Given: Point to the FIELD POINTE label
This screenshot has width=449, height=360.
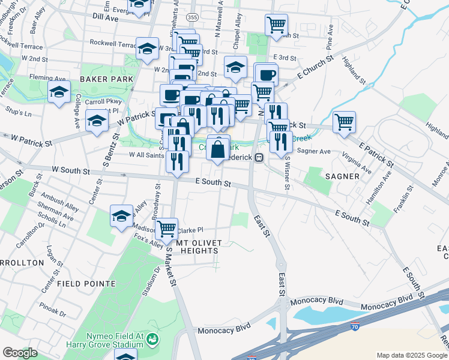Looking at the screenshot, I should click(86, 283).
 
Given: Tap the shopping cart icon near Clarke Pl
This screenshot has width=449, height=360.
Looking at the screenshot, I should click(166, 228).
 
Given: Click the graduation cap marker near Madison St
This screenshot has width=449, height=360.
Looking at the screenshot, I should click(121, 216).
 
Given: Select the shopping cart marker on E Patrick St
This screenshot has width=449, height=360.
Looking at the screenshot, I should click(344, 121).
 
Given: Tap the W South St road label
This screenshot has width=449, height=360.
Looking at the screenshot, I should click(71, 172).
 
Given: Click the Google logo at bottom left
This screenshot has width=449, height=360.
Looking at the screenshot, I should click(20, 353).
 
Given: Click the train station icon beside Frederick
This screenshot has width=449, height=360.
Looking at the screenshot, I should click(259, 157).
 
